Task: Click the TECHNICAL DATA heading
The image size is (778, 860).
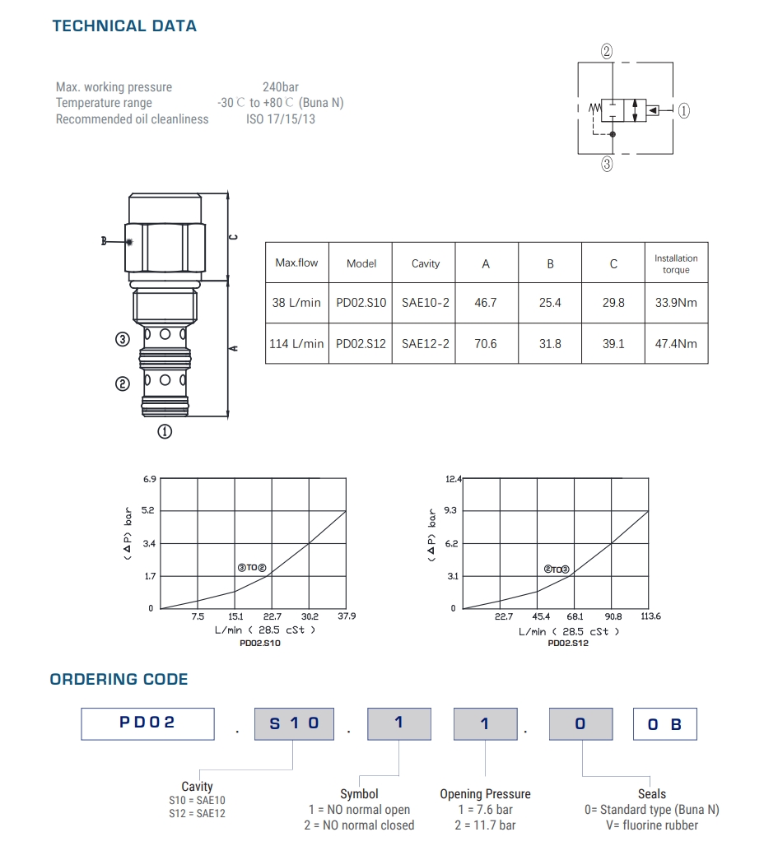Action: point(124,26)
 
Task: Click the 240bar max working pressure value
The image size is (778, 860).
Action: point(280,87)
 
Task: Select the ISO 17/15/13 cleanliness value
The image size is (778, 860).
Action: point(281,119)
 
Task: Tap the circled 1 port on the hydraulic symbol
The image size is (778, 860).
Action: point(683,110)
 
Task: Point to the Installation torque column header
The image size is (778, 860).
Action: point(676,263)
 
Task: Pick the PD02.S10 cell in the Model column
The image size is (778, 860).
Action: point(361,303)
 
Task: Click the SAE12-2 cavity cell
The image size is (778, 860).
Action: point(426,344)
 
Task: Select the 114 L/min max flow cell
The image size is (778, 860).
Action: point(296,344)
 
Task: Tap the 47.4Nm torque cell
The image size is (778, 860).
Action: point(676,344)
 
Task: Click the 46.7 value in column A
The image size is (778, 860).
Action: point(486,303)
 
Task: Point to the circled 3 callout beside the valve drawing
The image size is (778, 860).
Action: point(122,339)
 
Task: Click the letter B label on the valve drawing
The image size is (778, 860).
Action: point(104,241)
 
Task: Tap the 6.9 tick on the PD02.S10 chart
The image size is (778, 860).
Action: point(149,479)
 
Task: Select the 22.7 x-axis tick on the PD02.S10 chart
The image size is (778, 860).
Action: point(272,616)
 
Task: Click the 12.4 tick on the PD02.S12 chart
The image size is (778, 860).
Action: point(454,479)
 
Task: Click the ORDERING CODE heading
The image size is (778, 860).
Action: point(119,680)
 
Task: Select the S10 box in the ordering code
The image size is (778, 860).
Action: point(294,724)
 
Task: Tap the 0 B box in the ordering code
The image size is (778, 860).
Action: point(664,724)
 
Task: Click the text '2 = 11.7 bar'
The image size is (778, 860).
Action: point(485,825)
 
